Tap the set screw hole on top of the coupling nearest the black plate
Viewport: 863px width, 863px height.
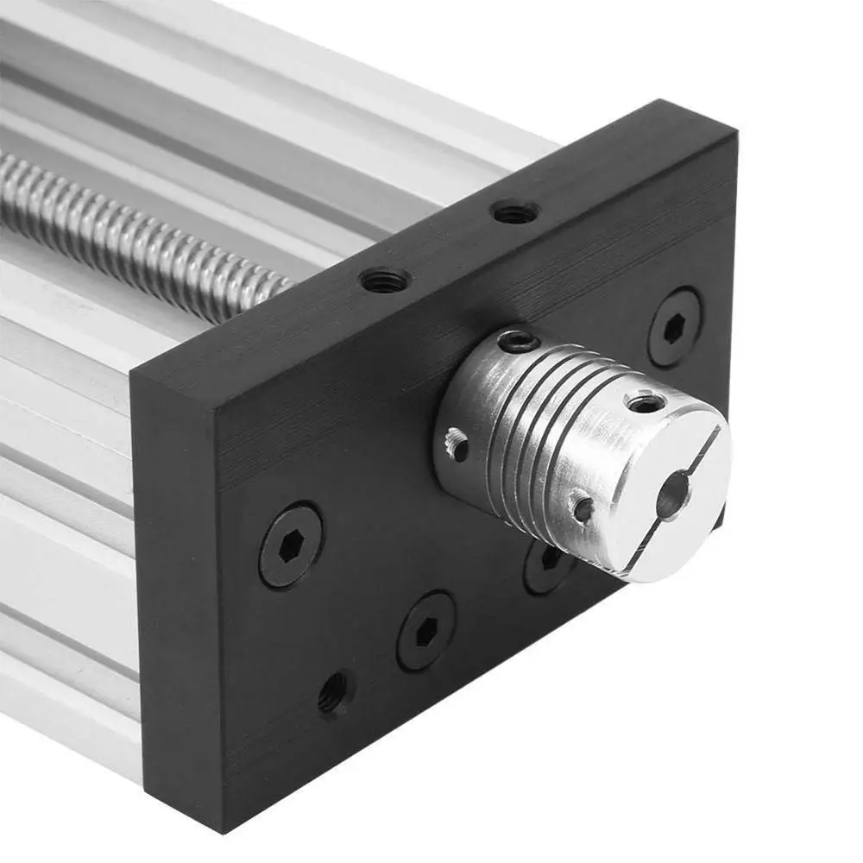tap(520, 342)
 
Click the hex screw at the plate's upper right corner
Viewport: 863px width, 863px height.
tap(675, 327)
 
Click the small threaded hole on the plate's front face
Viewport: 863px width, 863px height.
tap(332, 693)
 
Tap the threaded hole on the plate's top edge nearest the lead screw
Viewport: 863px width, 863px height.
tap(384, 280)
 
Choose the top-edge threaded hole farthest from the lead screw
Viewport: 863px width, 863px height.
tap(515, 211)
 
